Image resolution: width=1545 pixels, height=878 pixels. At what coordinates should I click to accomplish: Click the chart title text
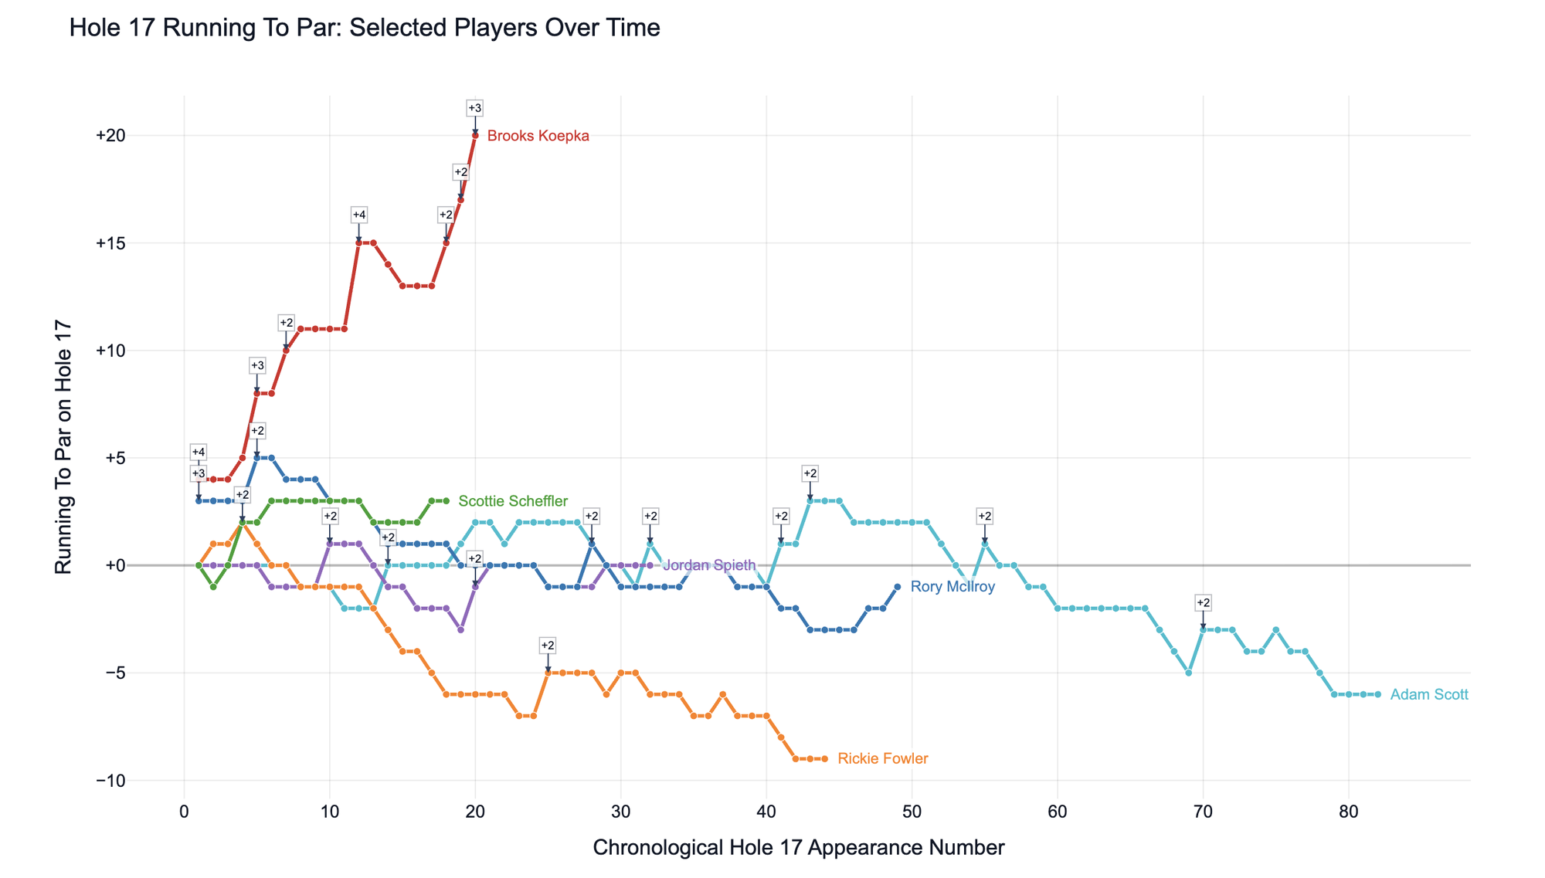[365, 29]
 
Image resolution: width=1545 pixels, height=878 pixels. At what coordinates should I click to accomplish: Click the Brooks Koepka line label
[538, 137]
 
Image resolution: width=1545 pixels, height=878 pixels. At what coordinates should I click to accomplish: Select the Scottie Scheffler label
[513, 502]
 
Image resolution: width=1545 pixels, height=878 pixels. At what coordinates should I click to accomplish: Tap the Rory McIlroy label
[952, 588]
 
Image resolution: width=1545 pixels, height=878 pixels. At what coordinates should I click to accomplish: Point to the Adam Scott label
[1428, 695]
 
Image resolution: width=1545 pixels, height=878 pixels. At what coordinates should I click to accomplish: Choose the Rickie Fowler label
[882, 759]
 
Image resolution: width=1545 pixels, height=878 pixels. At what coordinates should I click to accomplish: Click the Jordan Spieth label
[709, 566]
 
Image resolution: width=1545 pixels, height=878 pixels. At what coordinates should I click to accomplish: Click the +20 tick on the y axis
[110, 136]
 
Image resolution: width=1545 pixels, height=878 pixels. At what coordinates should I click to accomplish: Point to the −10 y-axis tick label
[110, 781]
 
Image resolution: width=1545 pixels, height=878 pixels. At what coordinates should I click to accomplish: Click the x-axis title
[798, 848]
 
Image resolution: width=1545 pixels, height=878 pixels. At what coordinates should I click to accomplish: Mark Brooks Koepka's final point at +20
[475, 136]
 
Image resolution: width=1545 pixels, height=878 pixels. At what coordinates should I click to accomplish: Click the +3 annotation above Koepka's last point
[475, 108]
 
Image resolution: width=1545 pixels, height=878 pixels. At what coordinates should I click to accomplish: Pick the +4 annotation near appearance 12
[358, 215]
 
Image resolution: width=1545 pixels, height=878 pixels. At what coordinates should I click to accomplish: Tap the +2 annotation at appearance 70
[1203, 602]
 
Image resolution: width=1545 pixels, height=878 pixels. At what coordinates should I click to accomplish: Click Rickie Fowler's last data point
[824, 759]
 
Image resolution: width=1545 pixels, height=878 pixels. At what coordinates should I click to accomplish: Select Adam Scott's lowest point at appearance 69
[1188, 673]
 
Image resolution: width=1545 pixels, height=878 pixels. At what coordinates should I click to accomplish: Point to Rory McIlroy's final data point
[897, 587]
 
